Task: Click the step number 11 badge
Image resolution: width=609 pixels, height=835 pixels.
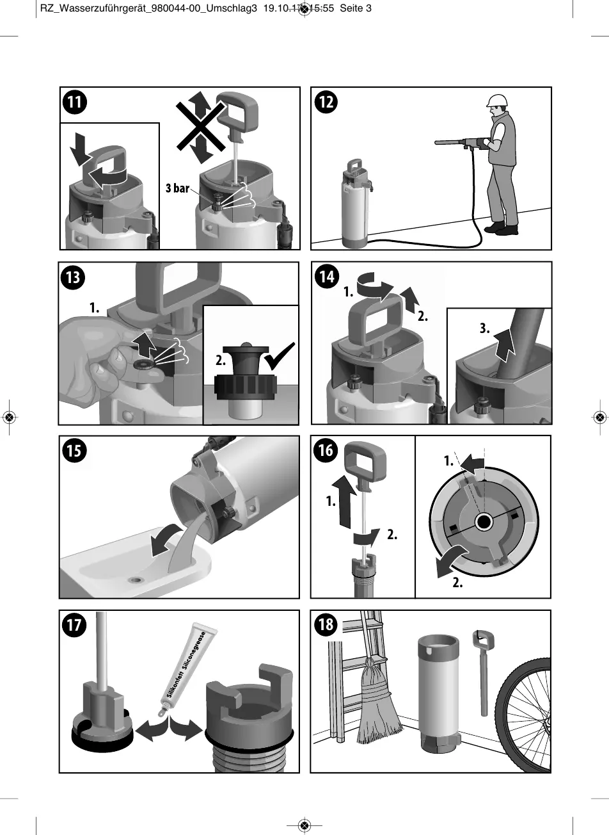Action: pyautogui.click(x=75, y=102)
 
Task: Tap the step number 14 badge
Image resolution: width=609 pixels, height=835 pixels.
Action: pyautogui.click(x=327, y=277)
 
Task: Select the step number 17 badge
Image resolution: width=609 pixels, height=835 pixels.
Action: pyautogui.click(x=75, y=624)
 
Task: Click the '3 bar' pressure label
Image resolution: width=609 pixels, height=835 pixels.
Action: pyautogui.click(x=177, y=188)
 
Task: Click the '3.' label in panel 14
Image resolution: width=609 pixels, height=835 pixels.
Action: pyautogui.click(x=484, y=329)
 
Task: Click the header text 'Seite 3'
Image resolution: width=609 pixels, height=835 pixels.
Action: pyautogui.click(x=356, y=8)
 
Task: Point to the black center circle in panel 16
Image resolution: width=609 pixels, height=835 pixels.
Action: pyautogui.click(x=483, y=523)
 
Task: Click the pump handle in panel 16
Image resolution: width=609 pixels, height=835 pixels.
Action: pyautogui.click(x=365, y=460)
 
